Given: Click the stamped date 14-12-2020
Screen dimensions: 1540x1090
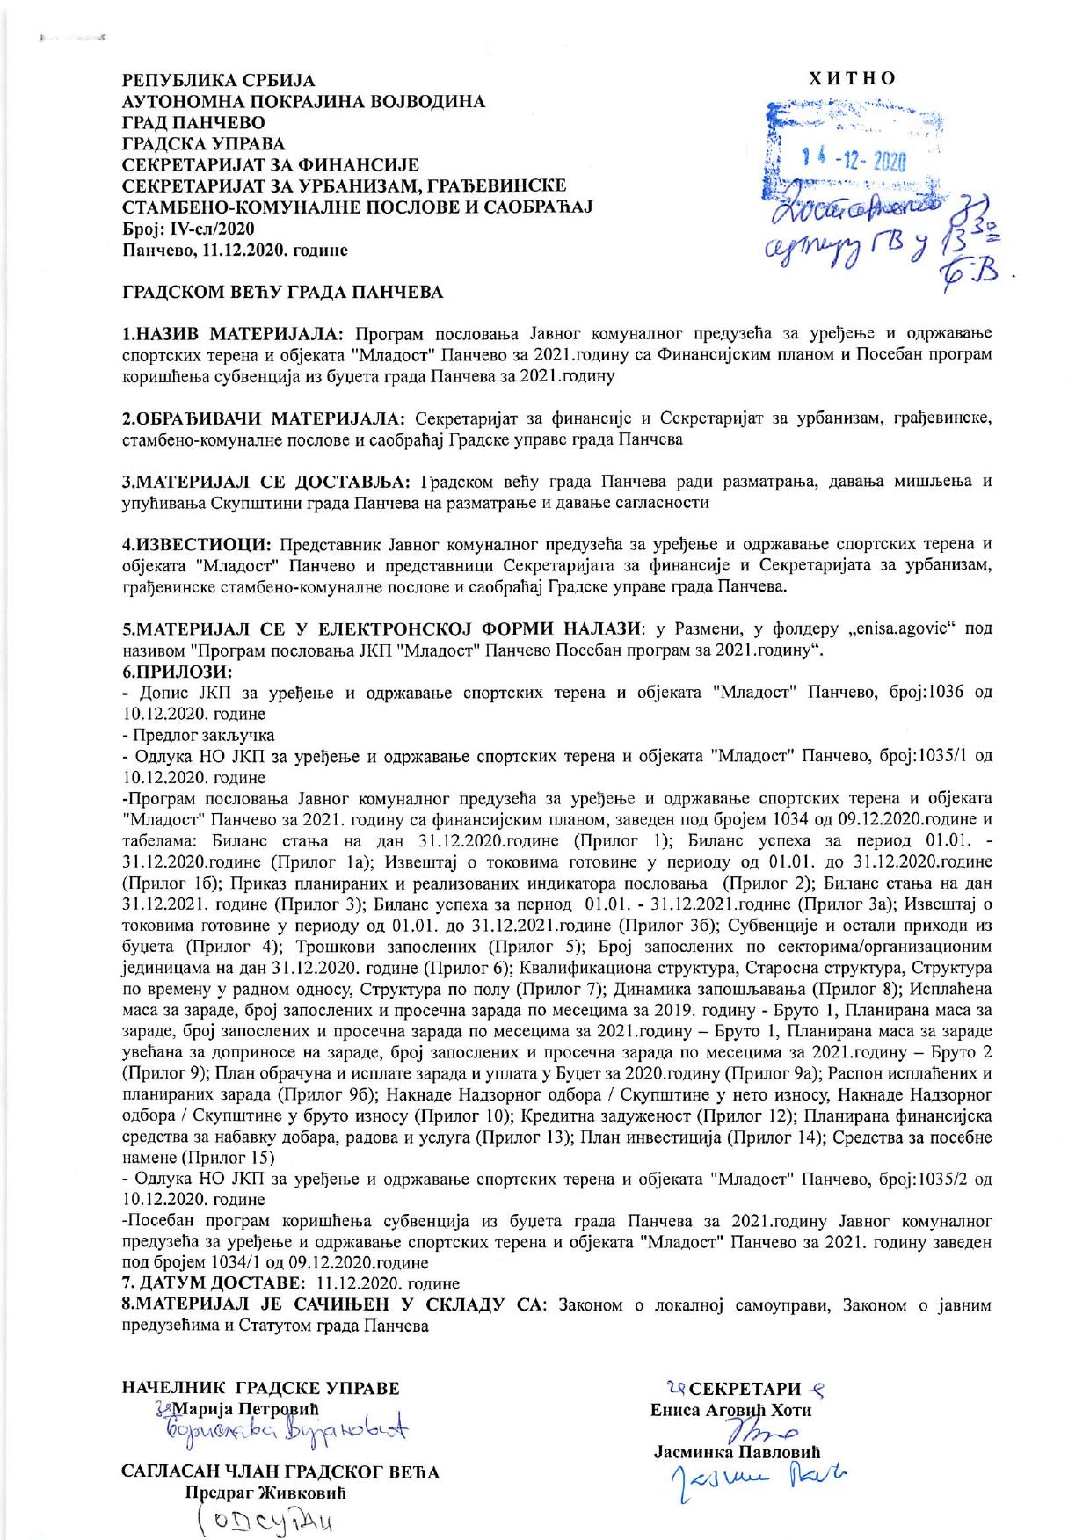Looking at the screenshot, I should pyautogui.click(x=854, y=160).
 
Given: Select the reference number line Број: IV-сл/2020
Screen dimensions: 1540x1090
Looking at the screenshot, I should pyautogui.click(x=187, y=229).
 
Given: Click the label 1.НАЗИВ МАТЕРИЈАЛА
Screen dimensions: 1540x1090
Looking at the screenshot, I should pyautogui.click(x=235, y=334).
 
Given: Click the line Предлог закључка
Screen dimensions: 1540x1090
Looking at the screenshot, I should pyautogui.click(x=201, y=734).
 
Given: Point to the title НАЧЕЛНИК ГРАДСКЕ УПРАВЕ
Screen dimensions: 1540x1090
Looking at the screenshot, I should pyautogui.click(x=260, y=1388).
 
